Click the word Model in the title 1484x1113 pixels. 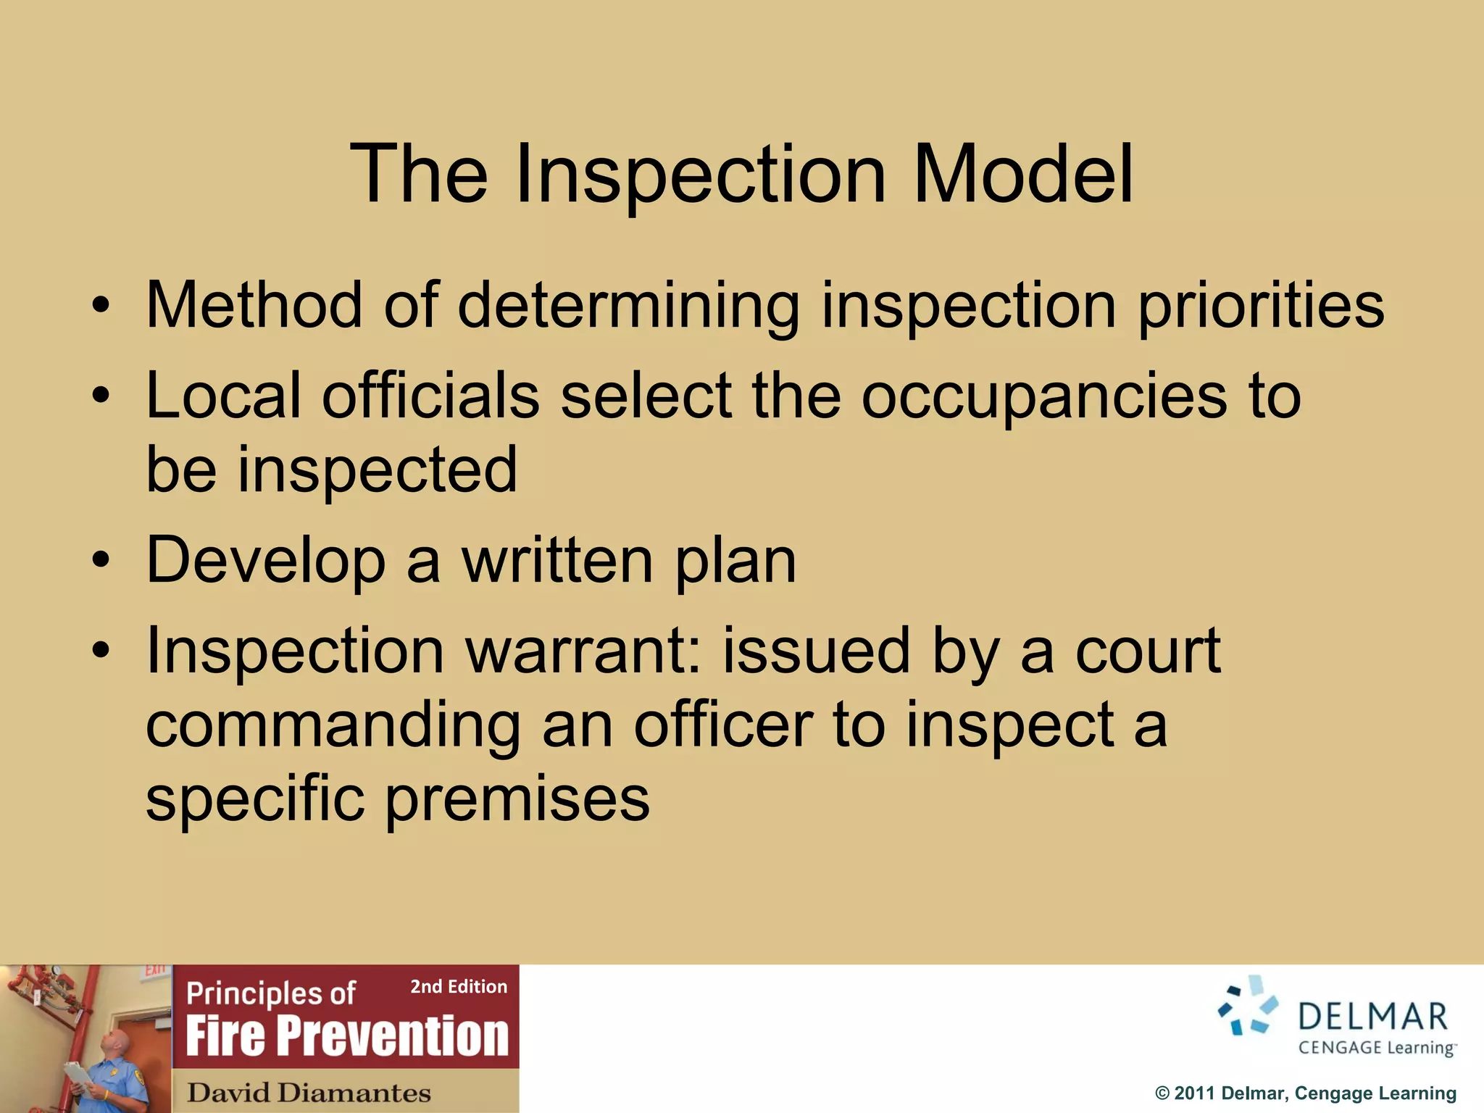(x=1023, y=175)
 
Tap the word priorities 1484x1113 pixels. (x=1261, y=307)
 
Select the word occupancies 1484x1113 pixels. (x=1044, y=398)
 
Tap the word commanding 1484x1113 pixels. (x=333, y=726)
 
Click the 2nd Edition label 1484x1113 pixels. (x=459, y=987)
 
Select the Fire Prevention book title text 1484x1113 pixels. (x=347, y=1035)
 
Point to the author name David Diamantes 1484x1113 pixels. (x=309, y=1092)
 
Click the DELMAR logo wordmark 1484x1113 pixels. (x=1372, y=1017)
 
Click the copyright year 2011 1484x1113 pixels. (x=1195, y=1093)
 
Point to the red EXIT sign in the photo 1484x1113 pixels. (x=155, y=971)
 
